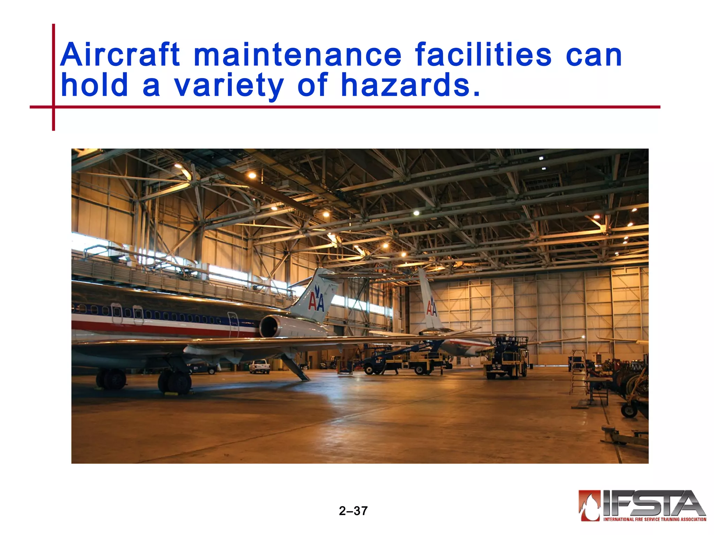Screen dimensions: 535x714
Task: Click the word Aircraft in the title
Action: [x=120, y=55]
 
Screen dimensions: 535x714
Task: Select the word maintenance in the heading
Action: [x=297, y=55]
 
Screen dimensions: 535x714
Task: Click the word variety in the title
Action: [x=229, y=86]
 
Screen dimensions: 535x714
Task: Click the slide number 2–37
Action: [x=353, y=511]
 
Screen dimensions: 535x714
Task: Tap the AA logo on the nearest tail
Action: [x=316, y=299]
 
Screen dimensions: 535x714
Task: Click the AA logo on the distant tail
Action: [x=432, y=307]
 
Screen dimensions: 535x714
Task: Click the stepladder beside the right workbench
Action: [x=578, y=373]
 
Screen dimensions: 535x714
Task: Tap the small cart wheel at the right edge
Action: [x=629, y=410]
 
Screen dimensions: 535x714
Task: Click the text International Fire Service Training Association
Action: [x=655, y=519]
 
